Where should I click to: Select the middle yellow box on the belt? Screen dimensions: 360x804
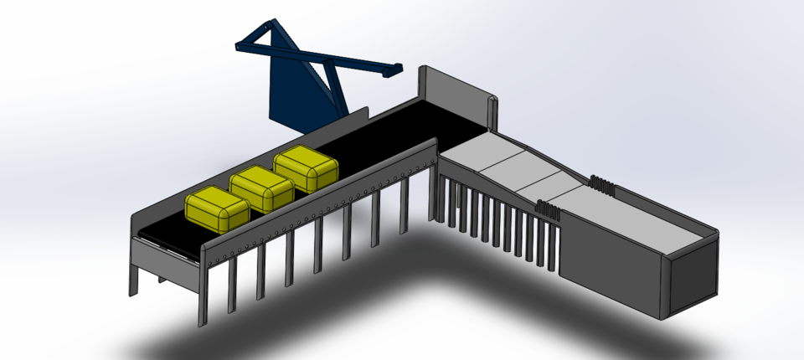[x=261, y=188]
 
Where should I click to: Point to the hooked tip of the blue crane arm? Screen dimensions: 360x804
[x=390, y=75]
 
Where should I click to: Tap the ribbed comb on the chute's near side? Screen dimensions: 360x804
[x=548, y=209]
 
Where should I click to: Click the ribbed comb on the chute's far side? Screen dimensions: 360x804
[x=603, y=184]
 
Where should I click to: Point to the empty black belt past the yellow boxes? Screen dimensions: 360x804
[x=394, y=134]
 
